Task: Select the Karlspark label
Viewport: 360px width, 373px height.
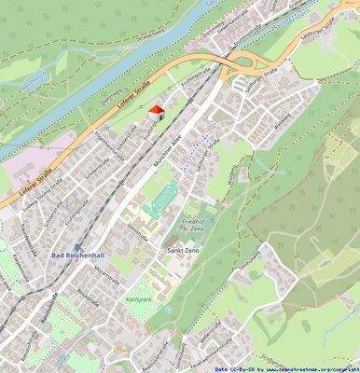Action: (x=137, y=300)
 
